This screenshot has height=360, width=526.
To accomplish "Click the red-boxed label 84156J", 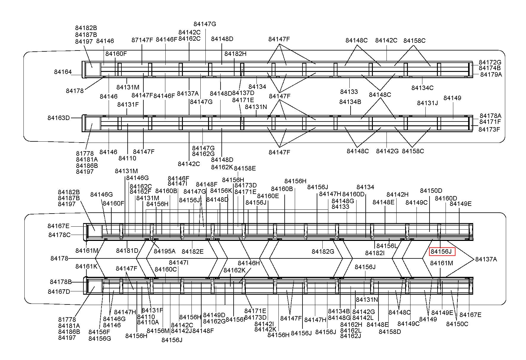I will (x=441, y=252).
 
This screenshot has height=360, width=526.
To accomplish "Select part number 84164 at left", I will (x=63, y=72).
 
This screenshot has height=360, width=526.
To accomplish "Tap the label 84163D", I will (x=58, y=118).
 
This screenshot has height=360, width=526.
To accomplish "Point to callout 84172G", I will (x=490, y=62).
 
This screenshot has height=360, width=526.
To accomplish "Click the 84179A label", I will (x=491, y=75).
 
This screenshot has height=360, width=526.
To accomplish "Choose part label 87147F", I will (x=142, y=40).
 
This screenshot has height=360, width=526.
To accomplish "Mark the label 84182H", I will (x=235, y=54).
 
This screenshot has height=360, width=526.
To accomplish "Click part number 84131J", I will (x=427, y=103).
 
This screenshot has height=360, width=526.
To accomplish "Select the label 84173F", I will (x=489, y=130).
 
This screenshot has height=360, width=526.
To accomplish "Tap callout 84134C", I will (x=422, y=88).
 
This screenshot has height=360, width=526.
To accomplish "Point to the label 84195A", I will (x=164, y=251).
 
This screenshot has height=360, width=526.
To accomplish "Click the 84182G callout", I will (x=323, y=252).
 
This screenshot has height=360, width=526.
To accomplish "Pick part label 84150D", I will (x=431, y=191).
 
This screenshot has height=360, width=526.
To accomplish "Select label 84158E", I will (x=245, y=168).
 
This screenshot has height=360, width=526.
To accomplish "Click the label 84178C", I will (x=59, y=235).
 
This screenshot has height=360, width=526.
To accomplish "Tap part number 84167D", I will (x=59, y=292).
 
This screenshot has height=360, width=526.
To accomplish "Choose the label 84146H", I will (x=249, y=263).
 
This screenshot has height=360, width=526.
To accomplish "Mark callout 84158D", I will (x=390, y=332).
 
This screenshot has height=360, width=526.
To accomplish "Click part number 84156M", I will (x=158, y=331).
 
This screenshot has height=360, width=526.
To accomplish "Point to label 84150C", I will (x=457, y=324).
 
